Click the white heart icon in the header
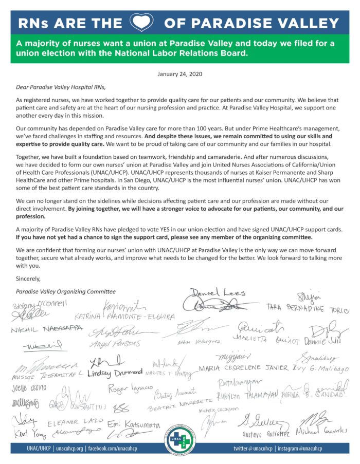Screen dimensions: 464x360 click(x=141, y=23)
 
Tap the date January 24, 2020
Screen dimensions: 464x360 click(x=180, y=75)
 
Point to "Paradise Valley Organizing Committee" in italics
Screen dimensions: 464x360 click(x=66, y=291)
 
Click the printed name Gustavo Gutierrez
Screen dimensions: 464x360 click(x=263, y=435)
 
